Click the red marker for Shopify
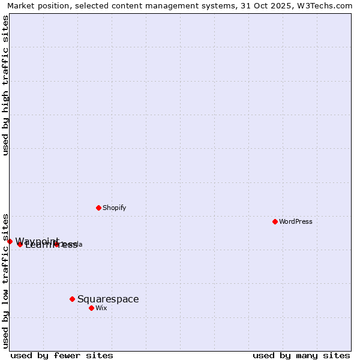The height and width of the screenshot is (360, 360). coord(98,208)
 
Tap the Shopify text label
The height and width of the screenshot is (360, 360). coord(114,208)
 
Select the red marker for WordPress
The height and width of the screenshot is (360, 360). coord(275,221)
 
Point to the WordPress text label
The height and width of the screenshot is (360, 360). coord(295,221)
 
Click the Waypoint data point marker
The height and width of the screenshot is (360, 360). coord(10,241)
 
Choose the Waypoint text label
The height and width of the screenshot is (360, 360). coord(36,241)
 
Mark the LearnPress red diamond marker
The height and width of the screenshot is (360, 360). coord(20,244)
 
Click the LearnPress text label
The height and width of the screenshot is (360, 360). coord(50,245)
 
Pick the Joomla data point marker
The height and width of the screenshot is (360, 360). coord(56,244)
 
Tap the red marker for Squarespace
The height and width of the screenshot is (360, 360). coord(72,299)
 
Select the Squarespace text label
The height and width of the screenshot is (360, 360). coord(108,299)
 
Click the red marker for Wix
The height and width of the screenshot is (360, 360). coord(91,308)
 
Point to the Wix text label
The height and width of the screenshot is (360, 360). coord(101,308)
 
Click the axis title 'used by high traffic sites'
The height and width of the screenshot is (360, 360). coord(5,85)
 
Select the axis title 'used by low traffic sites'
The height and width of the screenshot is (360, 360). coord(5,280)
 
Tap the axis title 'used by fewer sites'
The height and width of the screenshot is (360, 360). coord(62,355)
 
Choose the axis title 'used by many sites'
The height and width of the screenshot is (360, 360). coord(301,355)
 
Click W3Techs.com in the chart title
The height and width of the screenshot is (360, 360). coord(328,5)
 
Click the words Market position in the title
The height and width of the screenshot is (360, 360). coord(35,5)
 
